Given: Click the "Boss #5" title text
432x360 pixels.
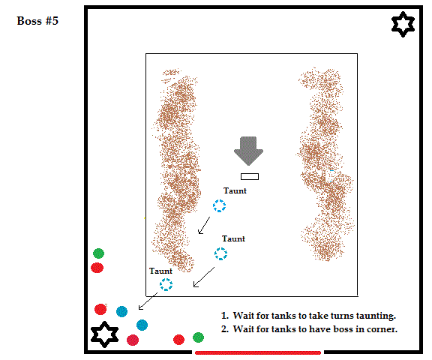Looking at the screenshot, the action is (x=37, y=21).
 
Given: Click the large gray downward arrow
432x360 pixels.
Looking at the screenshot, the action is (x=248, y=151).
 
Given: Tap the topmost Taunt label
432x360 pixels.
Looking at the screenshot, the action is (x=235, y=190).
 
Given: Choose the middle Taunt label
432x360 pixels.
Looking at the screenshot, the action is (x=233, y=238).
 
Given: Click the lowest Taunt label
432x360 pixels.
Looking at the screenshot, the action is (x=160, y=271).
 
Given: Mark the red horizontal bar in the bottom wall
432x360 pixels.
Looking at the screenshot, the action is (x=258, y=352).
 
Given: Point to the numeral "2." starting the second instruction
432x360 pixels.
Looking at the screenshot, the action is (x=225, y=329).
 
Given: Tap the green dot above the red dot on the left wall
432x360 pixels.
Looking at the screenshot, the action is (x=98, y=253).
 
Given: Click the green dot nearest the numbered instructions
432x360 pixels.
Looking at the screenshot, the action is (x=198, y=337).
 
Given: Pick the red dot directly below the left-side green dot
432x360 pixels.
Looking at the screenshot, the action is (x=97, y=268).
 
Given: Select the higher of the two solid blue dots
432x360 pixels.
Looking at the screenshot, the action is (x=121, y=311).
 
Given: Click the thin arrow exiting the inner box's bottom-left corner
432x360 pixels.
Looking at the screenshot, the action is (x=148, y=301).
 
